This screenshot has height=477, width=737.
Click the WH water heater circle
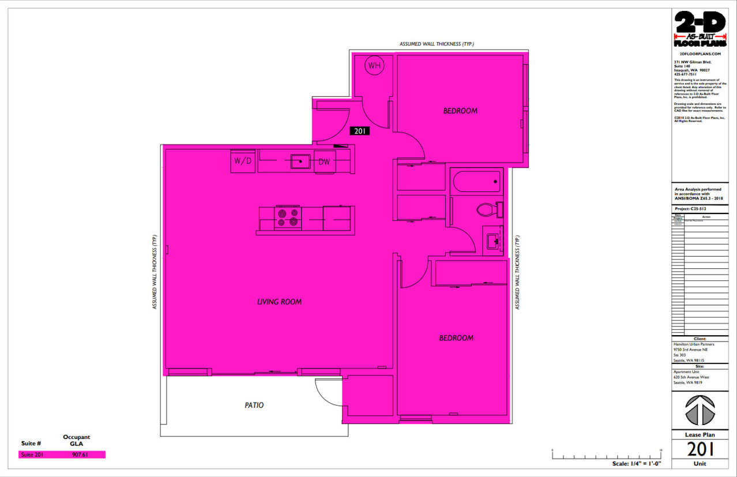pyautogui.click(x=375, y=66)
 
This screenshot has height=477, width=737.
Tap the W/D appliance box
pyautogui.click(x=243, y=161)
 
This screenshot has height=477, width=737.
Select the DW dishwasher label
pyautogui.click(x=324, y=162)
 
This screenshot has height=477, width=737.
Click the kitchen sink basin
pyautogui.click(x=300, y=161)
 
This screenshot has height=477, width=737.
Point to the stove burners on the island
pyautogui.click(x=288, y=217)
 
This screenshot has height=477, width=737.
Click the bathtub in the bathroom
pyautogui.click(x=477, y=183)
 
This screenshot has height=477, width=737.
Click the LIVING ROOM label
pyautogui.click(x=279, y=302)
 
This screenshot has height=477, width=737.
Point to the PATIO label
pyautogui.click(x=254, y=405)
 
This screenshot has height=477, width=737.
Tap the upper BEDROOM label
pyautogui.click(x=460, y=111)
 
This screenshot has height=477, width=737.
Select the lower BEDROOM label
pyautogui.click(x=456, y=338)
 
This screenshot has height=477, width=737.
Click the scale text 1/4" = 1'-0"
pyautogui.click(x=636, y=463)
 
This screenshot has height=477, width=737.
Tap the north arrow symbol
pyautogui.click(x=700, y=410)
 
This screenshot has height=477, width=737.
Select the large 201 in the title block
pyautogui.click(x=700, y=448)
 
